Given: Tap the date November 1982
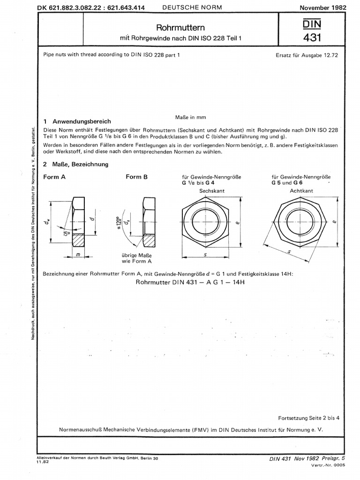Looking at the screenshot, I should point(322,8).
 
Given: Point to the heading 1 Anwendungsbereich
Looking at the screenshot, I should point(77,121).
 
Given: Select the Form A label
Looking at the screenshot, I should point(54,177).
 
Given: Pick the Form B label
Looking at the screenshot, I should point(136,177).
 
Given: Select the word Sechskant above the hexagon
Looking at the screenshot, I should point(210,192).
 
